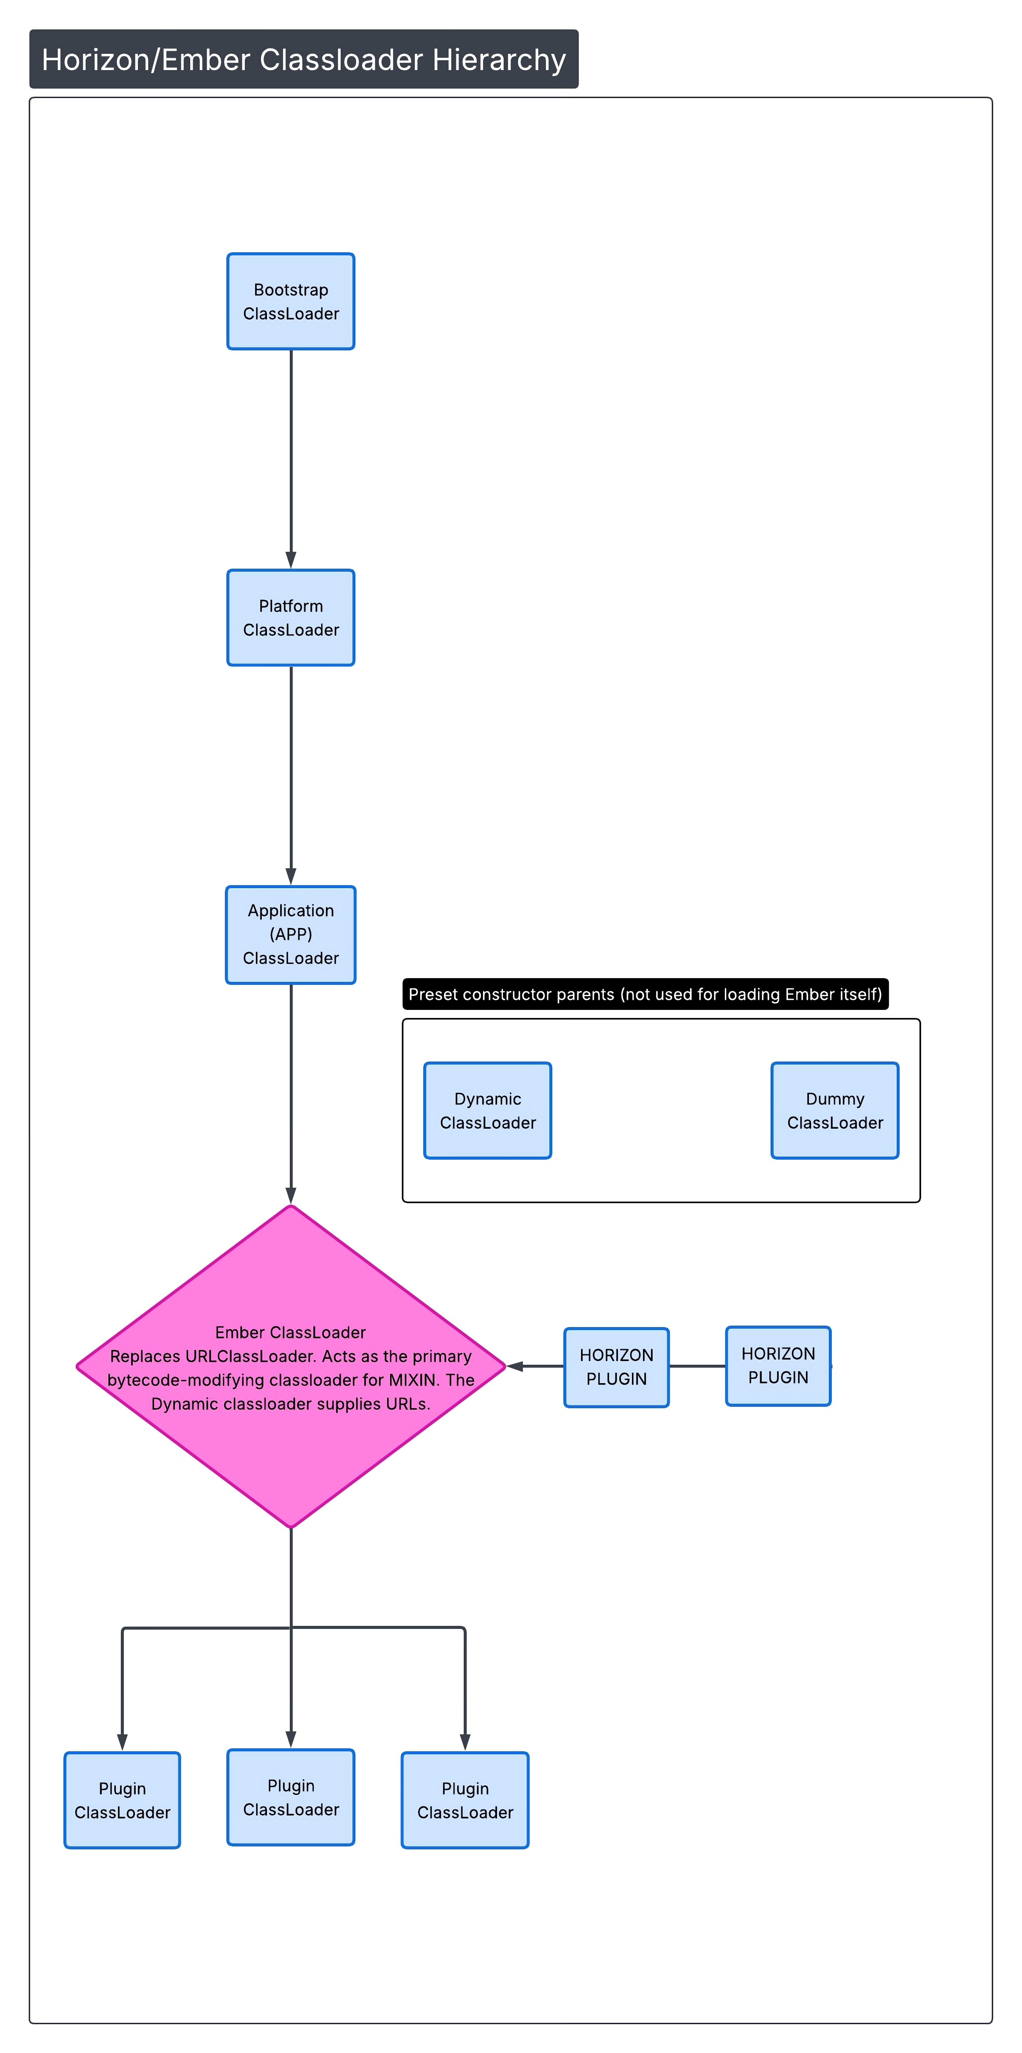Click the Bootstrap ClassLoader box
[x=291, y=301]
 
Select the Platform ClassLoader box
[x=291, y=618]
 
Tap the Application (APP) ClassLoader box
[x=291, y=935]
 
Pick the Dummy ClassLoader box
[x=835, y=1110]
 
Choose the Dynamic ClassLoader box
[x=487, y=1110]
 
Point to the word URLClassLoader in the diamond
[x=250, y=1356]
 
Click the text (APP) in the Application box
[x=291, y=934]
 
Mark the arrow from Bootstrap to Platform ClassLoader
[x=291, y=458]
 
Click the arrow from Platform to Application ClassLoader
[x=291, y=775]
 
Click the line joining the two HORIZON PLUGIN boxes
[x=697, y=1366]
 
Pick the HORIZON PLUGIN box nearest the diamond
[x=616, y=1367]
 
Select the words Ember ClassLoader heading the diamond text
[x=291, y=1332]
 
